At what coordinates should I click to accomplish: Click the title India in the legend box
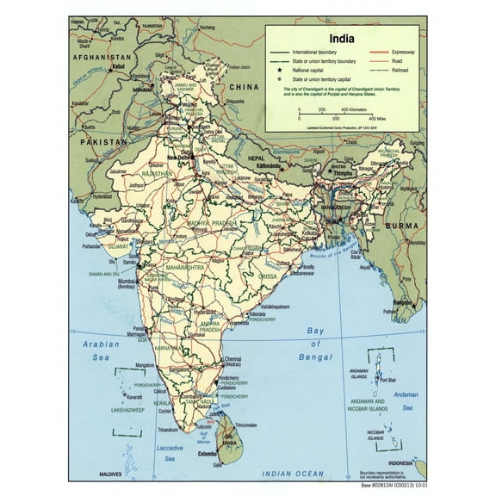coord(344,38)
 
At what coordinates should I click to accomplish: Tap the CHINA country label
coord(244,87)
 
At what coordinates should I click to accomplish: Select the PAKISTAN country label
coord(97,140)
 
